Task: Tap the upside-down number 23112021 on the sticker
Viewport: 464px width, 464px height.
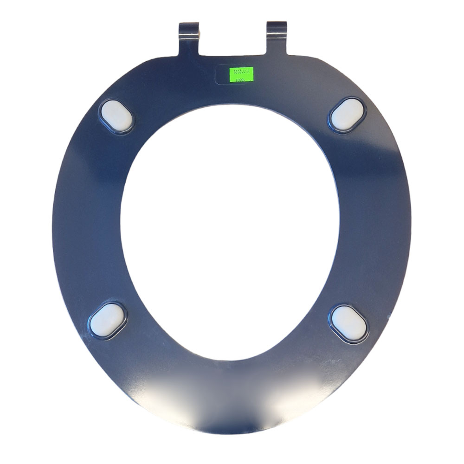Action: (242, 72)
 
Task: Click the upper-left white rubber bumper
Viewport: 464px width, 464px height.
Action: (116, 116)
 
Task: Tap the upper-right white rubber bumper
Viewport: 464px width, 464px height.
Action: (348, 115)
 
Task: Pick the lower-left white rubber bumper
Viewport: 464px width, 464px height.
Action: (107, 320)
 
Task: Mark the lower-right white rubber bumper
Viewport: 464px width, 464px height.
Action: (349, 323)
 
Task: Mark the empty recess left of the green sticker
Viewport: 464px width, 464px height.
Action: (222, 74)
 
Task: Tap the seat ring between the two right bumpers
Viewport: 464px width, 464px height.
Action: (374, 218)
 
